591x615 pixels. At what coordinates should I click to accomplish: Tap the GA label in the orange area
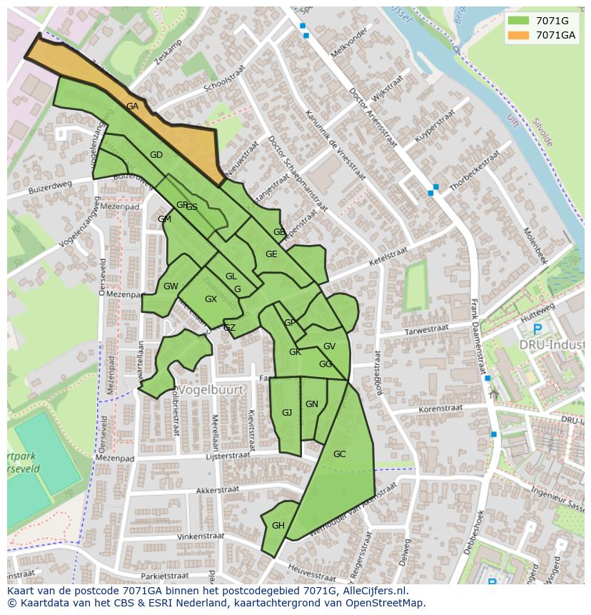(132, 106)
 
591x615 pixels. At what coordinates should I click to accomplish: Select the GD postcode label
(156, 155)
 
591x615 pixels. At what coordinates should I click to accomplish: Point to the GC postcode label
(339, 454)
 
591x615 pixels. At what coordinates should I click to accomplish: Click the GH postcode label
(278, 526)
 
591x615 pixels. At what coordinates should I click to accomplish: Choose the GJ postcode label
(287, 413)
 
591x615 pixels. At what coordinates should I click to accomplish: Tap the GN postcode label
(312, 404)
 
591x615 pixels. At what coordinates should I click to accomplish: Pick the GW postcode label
(171, 286)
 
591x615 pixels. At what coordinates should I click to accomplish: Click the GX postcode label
(211, 299)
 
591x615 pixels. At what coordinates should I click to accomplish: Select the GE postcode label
(271, 254)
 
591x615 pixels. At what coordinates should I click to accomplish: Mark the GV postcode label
(329, 346)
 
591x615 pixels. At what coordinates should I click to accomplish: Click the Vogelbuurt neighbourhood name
(211, 390)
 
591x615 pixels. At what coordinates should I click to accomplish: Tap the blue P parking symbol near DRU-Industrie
(537, 329)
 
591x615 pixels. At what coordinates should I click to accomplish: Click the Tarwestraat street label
(426, 329)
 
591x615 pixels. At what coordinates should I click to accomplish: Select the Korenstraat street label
(440, 409)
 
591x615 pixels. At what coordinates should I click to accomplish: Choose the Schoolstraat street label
(224, 84)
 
